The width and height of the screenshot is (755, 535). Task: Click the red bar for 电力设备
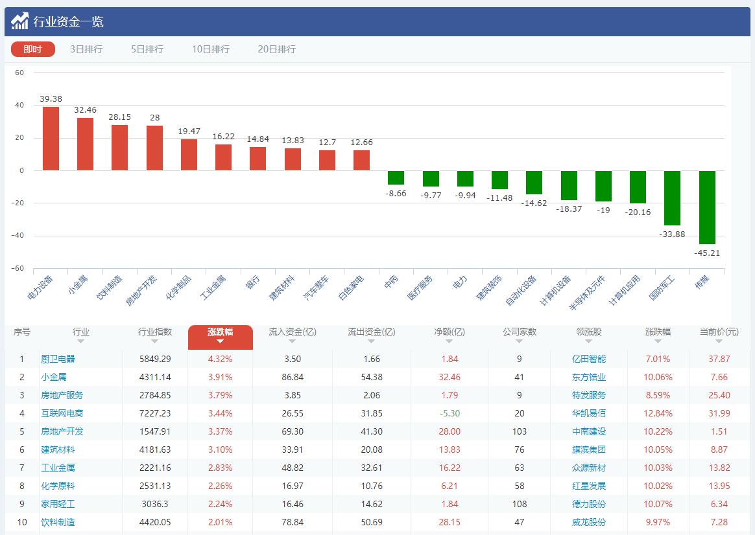[x=51, y=139]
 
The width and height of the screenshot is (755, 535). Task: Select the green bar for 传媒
[x=707, y=207]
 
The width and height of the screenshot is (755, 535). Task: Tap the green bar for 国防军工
[x=672, y=198]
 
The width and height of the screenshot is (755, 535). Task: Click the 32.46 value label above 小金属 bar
[x=85, y=110]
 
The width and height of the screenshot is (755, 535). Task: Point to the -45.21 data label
[x=707, y=253]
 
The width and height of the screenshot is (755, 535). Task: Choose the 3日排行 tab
[x=86, y=49]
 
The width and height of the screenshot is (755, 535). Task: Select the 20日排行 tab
[x=276, y=49]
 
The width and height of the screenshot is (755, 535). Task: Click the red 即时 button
[x=33, y=49]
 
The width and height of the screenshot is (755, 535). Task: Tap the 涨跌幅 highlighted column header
[x=220, y=332]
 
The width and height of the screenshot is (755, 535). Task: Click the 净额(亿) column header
[x=449, y=332]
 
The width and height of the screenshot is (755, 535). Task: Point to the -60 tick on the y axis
[x=18, y=268]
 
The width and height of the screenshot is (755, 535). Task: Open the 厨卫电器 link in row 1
[x=58, y=359]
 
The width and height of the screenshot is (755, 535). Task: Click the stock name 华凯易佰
[x=589, y=413]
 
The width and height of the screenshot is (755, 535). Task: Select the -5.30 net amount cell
[x=449, y=413]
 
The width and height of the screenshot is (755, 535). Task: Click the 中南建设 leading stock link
[x=589, y=431]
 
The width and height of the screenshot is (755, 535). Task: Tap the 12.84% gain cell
[x=658, y=413]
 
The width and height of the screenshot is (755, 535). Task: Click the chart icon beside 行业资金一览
[x=19, y=21]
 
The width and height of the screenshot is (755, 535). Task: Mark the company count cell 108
[x=519, y=504]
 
